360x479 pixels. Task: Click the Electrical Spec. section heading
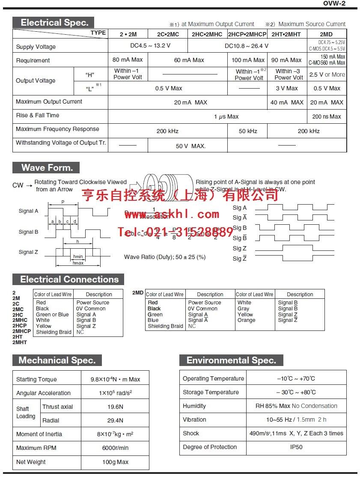coord(53,23)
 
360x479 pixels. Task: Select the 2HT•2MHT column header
coord(286,34)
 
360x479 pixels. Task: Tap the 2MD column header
coord(326,34)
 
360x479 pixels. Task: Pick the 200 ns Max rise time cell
coord(327,116)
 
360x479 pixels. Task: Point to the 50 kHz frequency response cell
coord(248,131)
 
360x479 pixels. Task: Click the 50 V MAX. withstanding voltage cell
coord(190,146)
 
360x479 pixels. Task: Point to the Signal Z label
coord(28,252)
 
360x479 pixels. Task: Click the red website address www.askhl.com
coord(172,214)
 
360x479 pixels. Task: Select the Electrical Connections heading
coord(68,280)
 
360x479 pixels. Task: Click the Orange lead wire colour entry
coord(246,320)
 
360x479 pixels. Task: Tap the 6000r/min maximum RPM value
coord(115,448)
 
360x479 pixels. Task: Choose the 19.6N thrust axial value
coord(115,407)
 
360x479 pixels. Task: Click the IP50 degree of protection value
coord(296,447)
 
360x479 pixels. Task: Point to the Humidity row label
coord(194,406)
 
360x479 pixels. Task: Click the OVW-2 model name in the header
coord(334,3)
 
